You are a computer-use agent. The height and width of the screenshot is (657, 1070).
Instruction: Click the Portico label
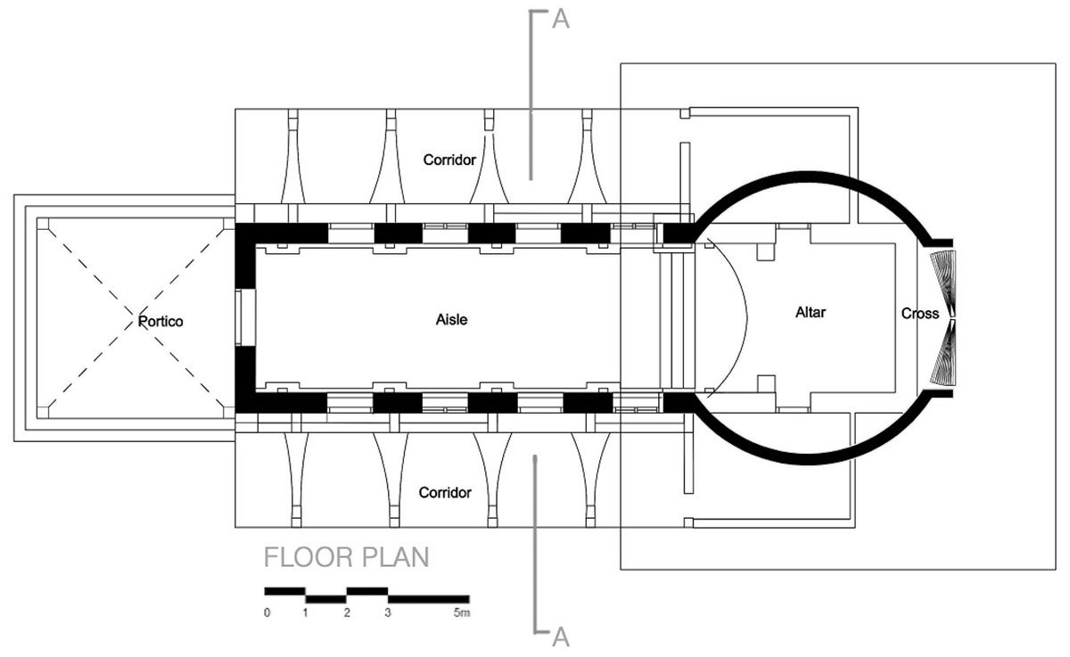click(160, 321)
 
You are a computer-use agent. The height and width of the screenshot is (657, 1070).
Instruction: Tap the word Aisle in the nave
click(451, 320)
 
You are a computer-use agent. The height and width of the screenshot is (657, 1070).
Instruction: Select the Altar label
click(812, 313)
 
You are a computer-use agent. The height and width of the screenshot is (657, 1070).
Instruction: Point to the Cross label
click(919, 314)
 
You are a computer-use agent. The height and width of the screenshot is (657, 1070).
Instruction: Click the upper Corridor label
click(448, 160)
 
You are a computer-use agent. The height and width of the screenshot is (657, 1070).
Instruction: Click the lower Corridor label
click(445, 492)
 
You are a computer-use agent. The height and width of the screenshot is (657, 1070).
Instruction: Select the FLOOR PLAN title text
click(347, 558)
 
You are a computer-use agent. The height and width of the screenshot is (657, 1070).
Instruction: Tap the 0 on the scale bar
click(267, 613)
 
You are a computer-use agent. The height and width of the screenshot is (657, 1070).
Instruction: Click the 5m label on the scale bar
click(460, 613)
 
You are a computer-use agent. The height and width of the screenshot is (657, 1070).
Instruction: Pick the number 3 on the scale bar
click(387, 613)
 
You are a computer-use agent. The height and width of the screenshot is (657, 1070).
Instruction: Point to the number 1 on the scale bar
click(306, 613)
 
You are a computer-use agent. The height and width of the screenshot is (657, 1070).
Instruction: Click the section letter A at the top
click(560, 20)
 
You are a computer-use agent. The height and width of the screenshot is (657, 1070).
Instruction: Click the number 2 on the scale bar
click(347, 613)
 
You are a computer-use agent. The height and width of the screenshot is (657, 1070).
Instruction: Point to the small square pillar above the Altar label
click(764, 250)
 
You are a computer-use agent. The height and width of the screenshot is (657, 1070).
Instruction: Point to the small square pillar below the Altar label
click(764, 384)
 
